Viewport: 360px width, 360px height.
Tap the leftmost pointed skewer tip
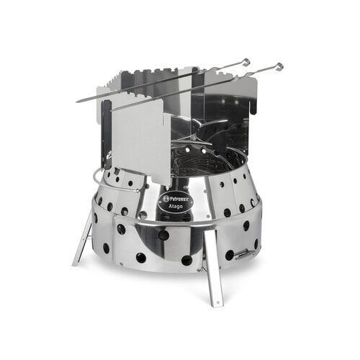[x=78, y=100]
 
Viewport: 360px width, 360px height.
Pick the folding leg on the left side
[x=82, y=238]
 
